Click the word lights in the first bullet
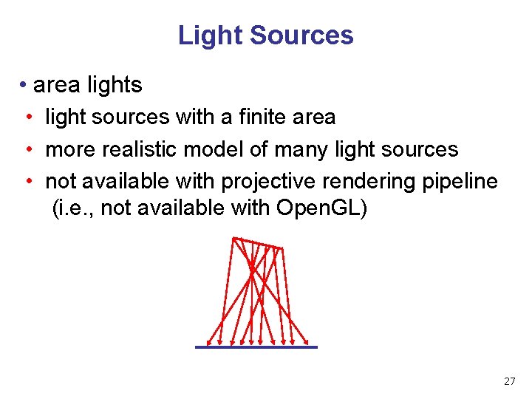click(115, 85)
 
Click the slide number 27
click(509, 381)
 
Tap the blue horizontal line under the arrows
click(256, 347)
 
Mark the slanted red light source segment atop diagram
click(256, 242)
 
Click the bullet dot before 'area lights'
click(24, 85)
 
